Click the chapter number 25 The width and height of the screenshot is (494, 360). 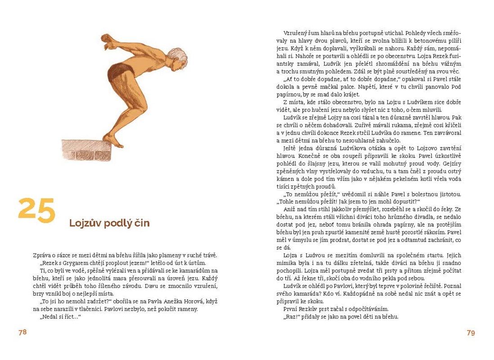coord(37,210)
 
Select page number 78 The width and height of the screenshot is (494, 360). coord(22,333)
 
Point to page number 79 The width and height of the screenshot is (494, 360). coord(471,333)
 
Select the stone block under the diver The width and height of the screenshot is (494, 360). coord(85,149)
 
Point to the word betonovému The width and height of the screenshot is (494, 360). coord(426,40)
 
